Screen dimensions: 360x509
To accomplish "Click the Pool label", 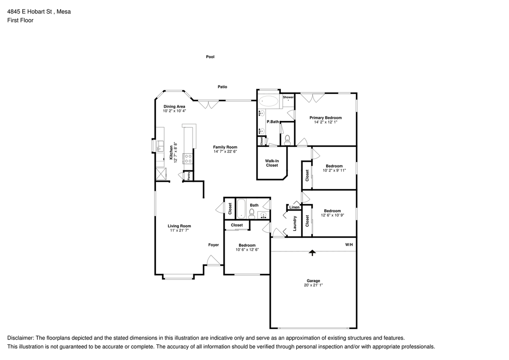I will click(210, 57).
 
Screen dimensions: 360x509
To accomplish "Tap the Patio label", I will click(222, 87).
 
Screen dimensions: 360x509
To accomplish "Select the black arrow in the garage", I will click(313, 252).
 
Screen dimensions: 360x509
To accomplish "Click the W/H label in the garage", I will click(349, 245).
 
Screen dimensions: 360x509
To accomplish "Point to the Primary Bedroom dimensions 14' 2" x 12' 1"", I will click(325, 123).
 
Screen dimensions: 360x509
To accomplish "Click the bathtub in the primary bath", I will click(269, 101).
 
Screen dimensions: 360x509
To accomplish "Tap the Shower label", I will click(288, 97).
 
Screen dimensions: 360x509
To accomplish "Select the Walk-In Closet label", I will click(272, 163).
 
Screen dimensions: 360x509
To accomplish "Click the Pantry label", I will click(189, 176).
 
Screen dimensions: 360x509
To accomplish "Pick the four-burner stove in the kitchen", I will click(188, 159).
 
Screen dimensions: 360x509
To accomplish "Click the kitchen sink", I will click(161, 146).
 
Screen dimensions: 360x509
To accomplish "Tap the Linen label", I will click(294, 207).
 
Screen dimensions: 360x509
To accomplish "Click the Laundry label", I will click(295, 224).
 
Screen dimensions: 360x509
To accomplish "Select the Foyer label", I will click(214, 245).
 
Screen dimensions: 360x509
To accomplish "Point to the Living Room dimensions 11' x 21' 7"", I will click(179, 230).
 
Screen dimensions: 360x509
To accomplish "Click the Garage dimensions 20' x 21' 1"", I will click(313, 285).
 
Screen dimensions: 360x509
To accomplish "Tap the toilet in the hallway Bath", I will click(252, 214).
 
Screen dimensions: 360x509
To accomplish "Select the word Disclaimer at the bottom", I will click(20, 338).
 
